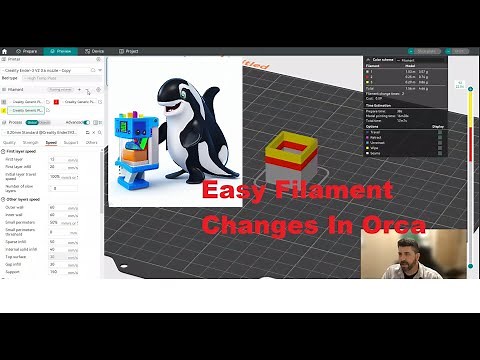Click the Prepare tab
pos(28,50)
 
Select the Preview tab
pos(61,50)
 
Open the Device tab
pos(96,50)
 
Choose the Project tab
pos(131,50)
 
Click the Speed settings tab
pos(50,143)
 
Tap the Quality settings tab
pos(10,143)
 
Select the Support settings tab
pos(71,143)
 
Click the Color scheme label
pos(381,60)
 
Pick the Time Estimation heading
pos(381,105)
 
